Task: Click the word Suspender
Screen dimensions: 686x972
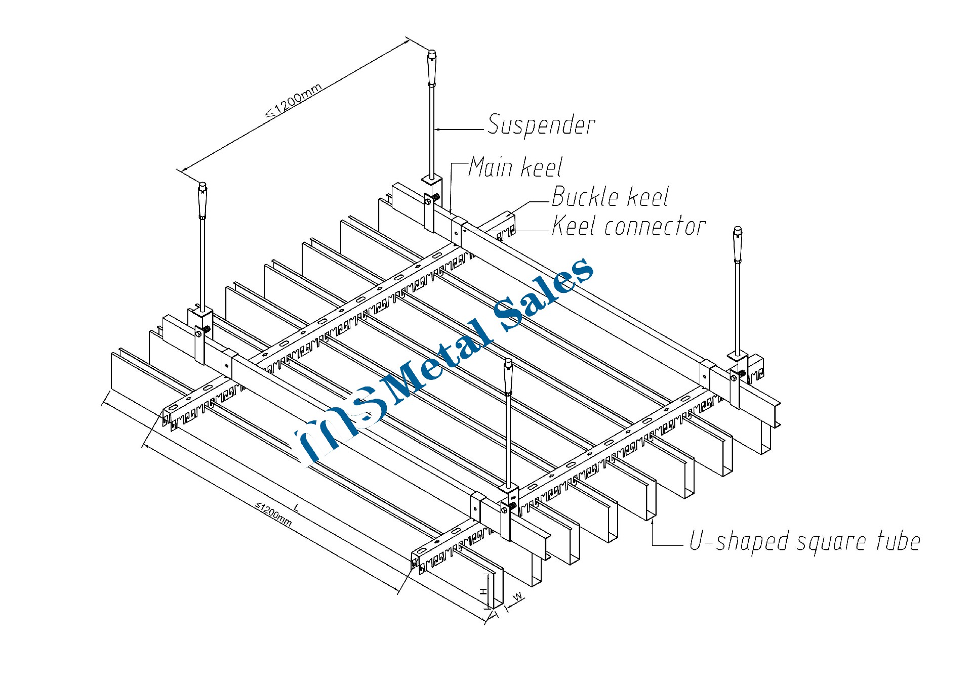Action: pyautogui.click(x=541, y=125)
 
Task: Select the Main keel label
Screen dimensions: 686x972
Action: pyautogui.click(x=515, y=167)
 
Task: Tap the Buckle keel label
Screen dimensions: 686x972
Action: pyautogui.click(x=610, y=197)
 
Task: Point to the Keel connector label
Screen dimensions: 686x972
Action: pyautogui.click(x=628, y=226)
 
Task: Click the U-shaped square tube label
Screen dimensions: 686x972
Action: pyautogui.click(x=804, y=541)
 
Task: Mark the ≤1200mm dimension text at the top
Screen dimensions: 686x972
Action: pyautogui.click(x=294, y=101)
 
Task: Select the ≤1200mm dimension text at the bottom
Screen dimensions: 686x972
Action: pyautogui.click(x=273, y=513)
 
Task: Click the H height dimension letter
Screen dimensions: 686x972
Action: pyautogui.click(x=484, y=591)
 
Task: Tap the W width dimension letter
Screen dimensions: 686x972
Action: pyautogui.click(x=518, y=597)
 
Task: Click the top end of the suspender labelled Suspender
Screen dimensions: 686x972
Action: pyautogui.click(x=432, y=53)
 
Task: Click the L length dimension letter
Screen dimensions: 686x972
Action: pyautogui.click(x=297, y=507)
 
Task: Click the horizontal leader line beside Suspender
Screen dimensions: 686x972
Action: pyautogui.click(x=459, y=130)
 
